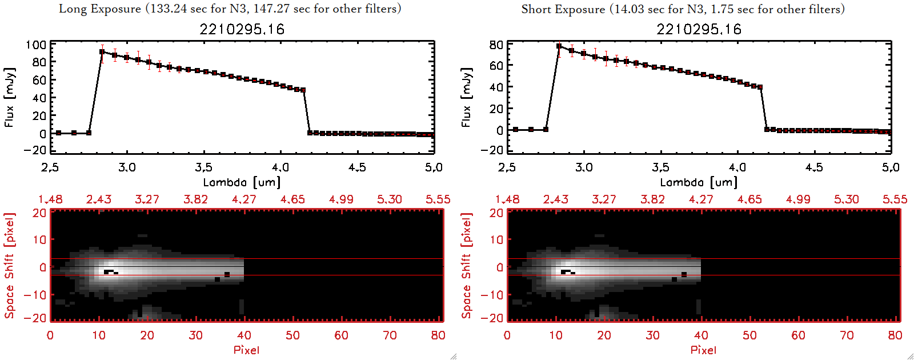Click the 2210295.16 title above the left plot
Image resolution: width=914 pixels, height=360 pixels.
pos(242,29)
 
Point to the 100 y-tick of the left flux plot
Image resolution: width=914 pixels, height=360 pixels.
pos(36,45)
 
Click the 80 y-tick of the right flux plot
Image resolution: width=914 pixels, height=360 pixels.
pos(496,45)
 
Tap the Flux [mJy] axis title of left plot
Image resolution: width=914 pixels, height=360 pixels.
pos(9,97)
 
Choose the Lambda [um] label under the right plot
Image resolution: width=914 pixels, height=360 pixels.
pos(699,182)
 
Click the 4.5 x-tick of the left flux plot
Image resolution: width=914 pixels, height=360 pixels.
pos(357,167)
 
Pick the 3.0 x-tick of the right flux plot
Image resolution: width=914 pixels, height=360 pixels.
pos(584,167)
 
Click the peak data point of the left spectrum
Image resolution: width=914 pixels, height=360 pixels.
pos(102,52)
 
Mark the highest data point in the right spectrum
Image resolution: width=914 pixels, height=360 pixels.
pos(559,46)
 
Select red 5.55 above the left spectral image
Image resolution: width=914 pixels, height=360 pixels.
pos(438,199)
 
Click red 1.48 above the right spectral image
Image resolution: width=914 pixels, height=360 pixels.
pos(507,199)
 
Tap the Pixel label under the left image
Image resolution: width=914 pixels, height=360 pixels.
pos(246,350)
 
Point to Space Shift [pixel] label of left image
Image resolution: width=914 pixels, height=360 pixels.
pos(9,266)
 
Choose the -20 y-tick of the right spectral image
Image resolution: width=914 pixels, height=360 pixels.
pos(496,318)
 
